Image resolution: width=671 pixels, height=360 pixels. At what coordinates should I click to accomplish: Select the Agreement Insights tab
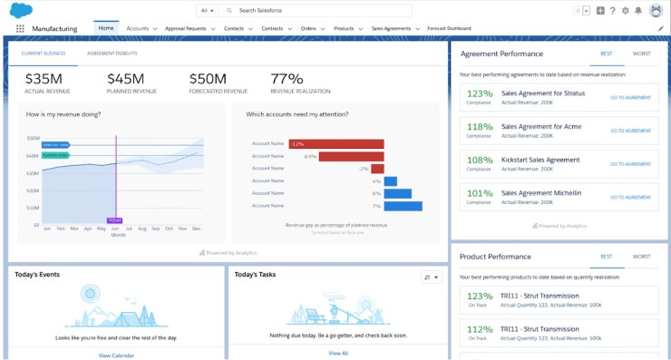click(x=112, y=54)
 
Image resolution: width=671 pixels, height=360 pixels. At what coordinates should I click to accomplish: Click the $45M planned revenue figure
click(x=131, y=79)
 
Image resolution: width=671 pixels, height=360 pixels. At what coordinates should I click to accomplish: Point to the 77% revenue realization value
click(x=287, y=79)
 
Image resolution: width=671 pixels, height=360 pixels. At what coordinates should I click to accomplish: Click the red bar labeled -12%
click(x=335, y=143)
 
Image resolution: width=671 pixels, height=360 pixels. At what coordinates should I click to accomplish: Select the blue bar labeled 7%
click(x=403, y=206)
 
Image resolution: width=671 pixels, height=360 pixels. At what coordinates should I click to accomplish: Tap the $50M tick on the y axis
click(x=33, y=138)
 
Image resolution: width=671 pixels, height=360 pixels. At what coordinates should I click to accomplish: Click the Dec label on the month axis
click(x=196, y=229)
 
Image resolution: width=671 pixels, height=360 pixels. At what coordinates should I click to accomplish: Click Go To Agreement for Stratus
click(x=630, y=97)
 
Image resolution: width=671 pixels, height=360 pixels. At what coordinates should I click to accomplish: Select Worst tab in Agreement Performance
click(x=641, y=54)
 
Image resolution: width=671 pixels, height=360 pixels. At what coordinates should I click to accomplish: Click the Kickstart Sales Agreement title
click(x=540, y=160)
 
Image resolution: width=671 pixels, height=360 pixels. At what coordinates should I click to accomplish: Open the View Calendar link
click(x=116, y=355)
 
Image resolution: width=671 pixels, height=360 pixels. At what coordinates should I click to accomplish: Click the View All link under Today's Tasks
click(x=338, y=353)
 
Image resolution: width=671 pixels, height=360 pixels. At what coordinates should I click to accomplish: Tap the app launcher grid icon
click(x=20, y=28)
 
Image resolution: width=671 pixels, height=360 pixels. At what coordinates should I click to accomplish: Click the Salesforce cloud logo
click(x=21, y=9)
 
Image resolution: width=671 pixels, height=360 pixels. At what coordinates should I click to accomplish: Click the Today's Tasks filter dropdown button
click(x=431, y=277)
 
